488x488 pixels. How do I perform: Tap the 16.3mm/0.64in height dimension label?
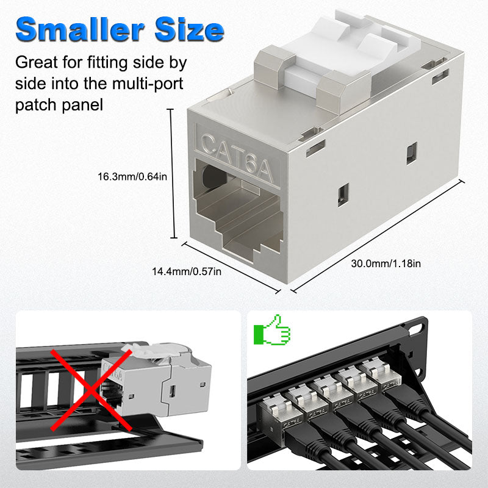click(x=132, y=177)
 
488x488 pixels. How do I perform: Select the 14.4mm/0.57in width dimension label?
click(x=187, y=271)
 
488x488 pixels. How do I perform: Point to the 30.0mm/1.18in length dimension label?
click(x=386, y=264)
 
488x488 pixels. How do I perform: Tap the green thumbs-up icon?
click(x=271, y=330)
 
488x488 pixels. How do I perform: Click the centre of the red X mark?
click(x=91, y=390)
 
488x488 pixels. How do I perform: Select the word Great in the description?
click(x=37, y=62)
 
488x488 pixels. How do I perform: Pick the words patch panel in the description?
click(x=59, y=105)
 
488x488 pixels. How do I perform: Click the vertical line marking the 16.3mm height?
click(x=171, y=174)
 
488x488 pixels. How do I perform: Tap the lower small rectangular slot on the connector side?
click(x=343, y=195)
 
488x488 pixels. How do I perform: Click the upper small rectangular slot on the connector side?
click(x=412, y=153)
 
